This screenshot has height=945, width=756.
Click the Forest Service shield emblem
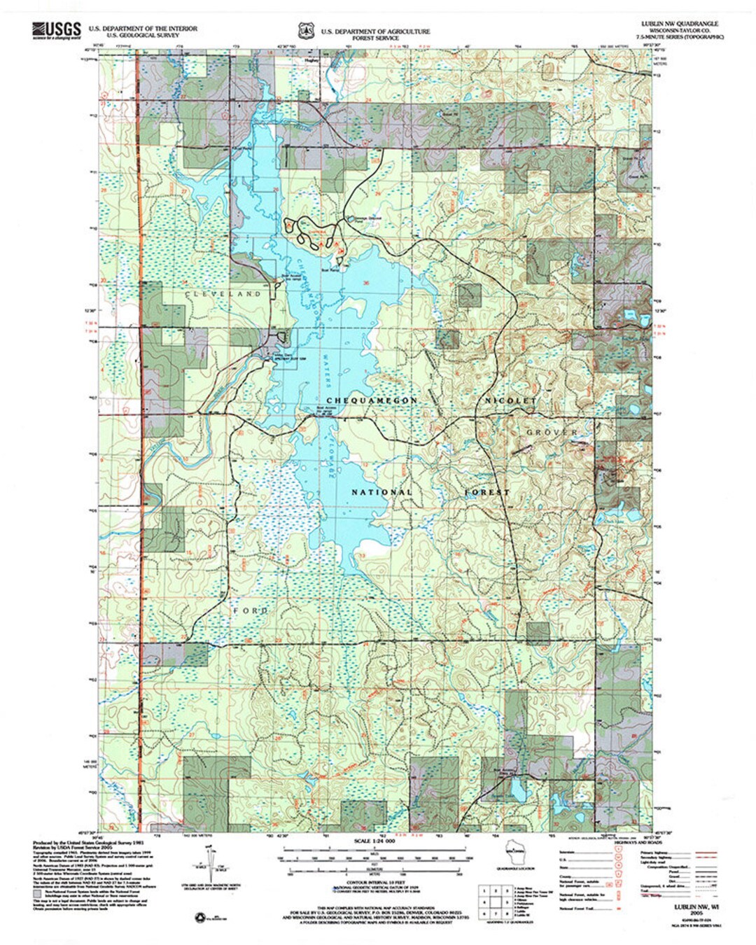click(x=304, y=31)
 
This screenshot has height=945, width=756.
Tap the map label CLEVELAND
click(x=223, y=295)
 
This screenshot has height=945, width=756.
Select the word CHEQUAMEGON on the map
click(x=362, y=400)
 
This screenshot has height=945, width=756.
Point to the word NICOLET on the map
click(x=511, y=400)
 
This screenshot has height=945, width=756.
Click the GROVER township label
click(x=552, y=433)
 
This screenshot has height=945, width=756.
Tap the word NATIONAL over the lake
click(x=381, y=492)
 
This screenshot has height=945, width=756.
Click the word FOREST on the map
click(x=487, y=492)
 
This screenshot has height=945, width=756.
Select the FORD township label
click(x=251, y=611)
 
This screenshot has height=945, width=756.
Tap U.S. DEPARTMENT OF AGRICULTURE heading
click(x=375, y=31)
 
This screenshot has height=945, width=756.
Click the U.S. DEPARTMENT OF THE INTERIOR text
click(x=142, y=29)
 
